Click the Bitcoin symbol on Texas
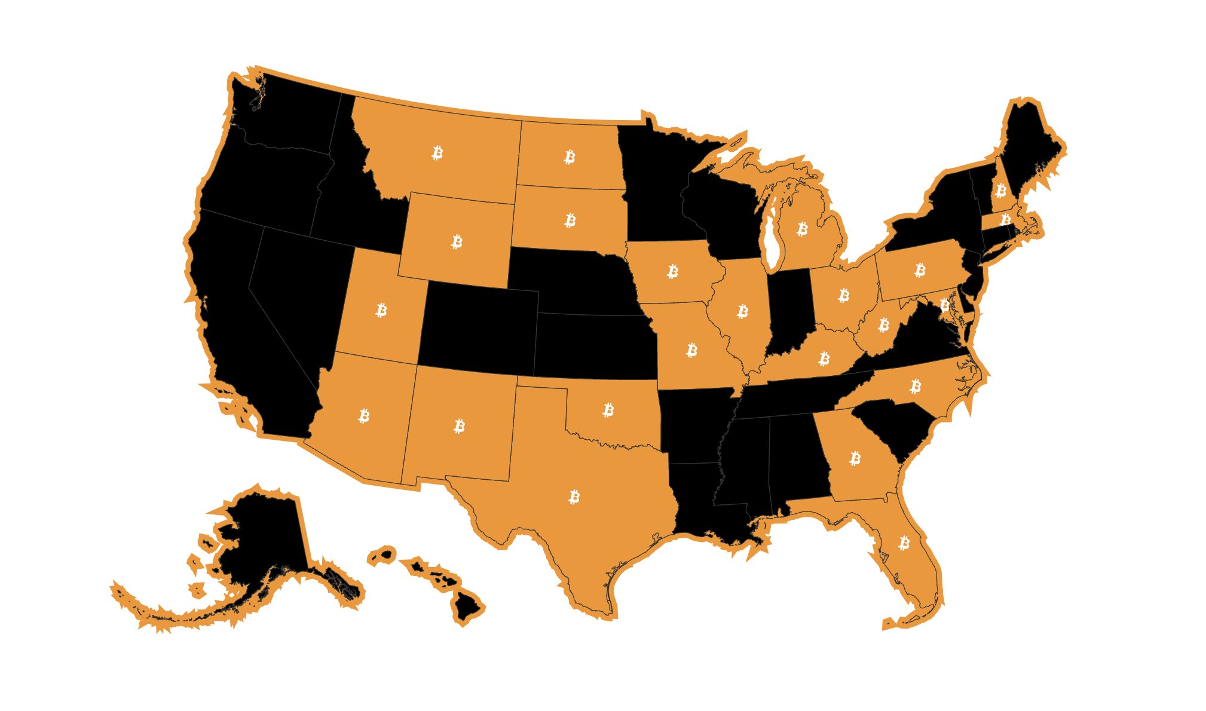574,497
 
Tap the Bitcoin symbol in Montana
437,153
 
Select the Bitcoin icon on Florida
904,543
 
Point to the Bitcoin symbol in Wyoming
457,242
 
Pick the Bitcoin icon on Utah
381,310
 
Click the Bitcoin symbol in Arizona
364,416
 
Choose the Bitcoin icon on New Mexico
460,426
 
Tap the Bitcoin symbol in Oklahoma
608,410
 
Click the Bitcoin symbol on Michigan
803,229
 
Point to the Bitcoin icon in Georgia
855,458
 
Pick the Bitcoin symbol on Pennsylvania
920,270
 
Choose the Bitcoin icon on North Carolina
916,387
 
